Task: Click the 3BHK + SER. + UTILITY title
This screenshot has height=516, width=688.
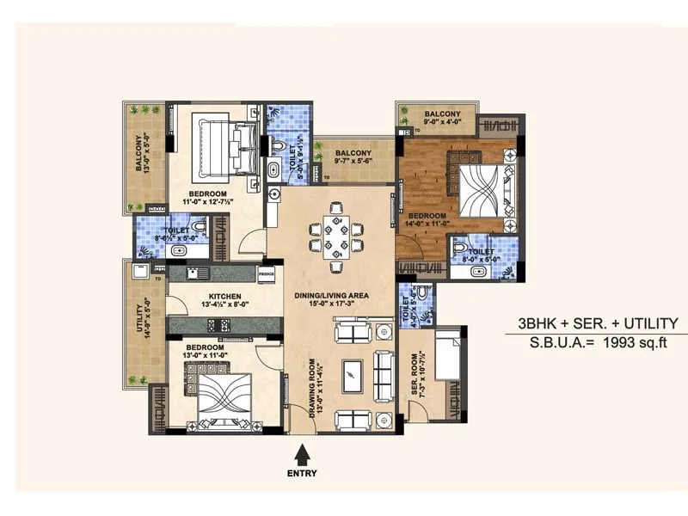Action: tap(597, 323)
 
